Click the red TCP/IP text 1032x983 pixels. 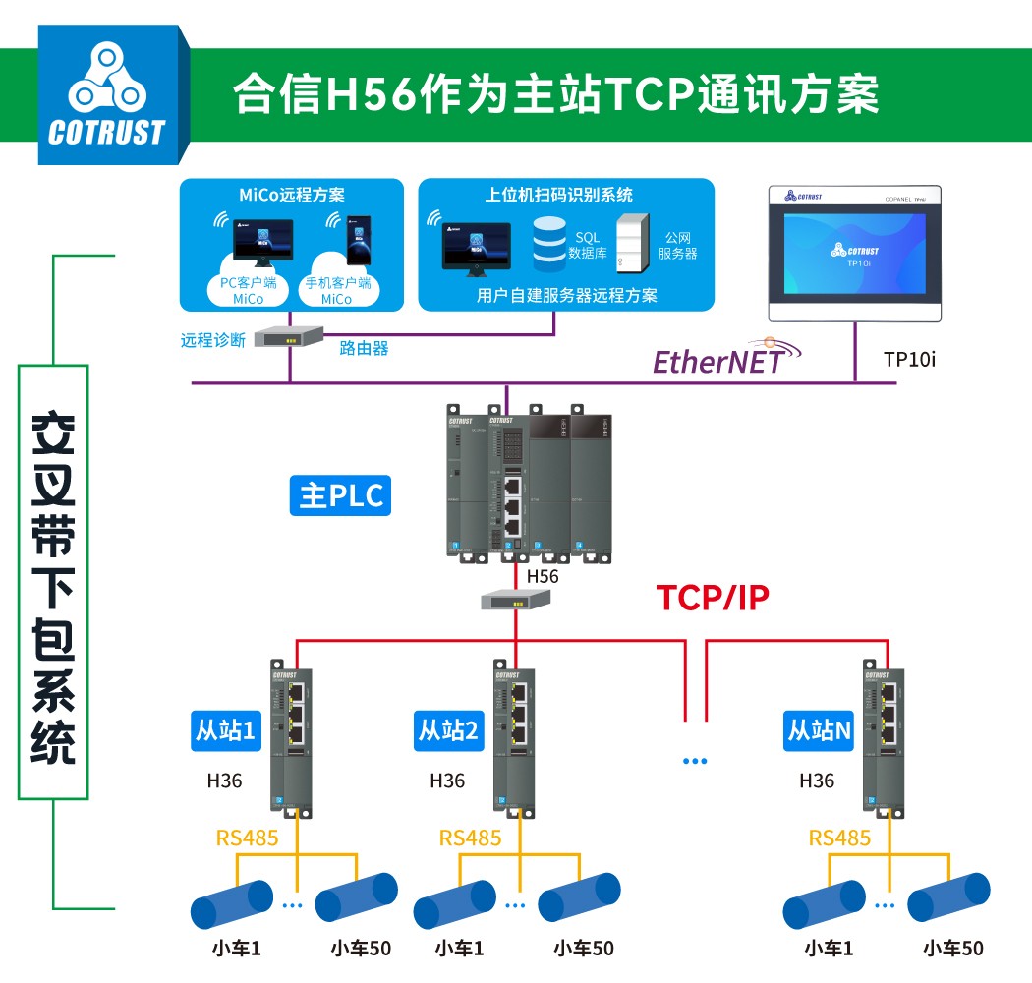point(713,597)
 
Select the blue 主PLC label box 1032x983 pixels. point(341,495)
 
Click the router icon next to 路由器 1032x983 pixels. point(289,337)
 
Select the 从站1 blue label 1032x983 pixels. point(223,730)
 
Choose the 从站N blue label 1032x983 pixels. point(819,730)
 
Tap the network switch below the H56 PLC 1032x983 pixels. point(513,600)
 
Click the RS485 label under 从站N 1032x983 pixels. point(839,838)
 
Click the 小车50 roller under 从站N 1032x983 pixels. point(949,896)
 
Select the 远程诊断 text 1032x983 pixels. point(213,340)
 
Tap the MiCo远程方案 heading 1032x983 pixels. point(292,196)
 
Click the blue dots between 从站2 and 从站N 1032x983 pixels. point(695,761)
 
